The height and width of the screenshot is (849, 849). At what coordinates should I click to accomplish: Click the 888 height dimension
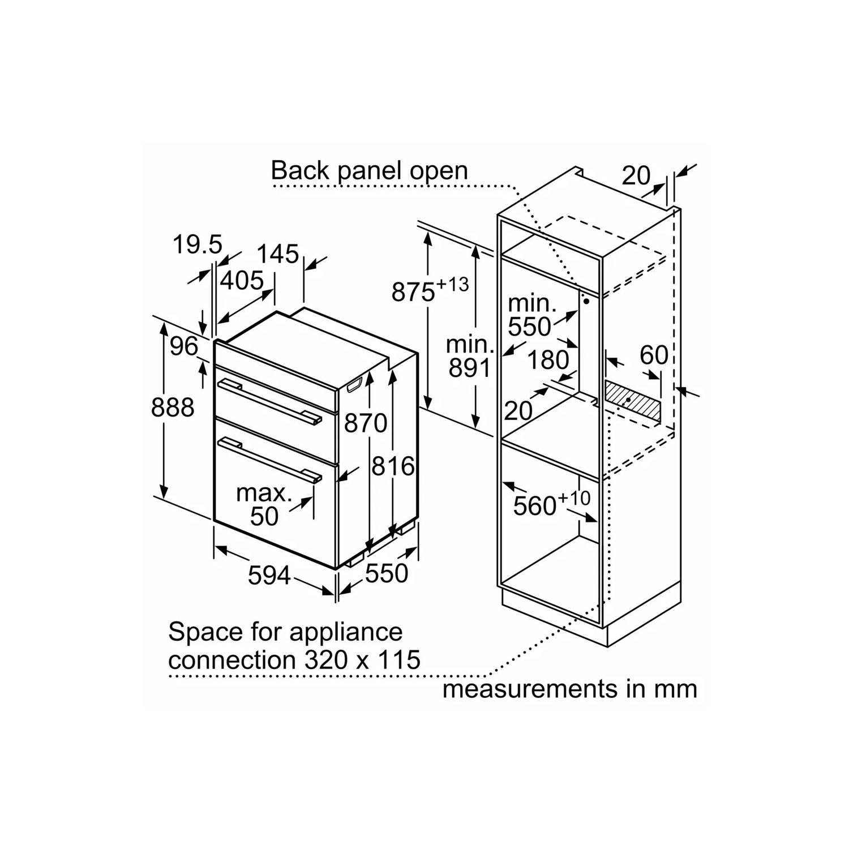pos(173,407)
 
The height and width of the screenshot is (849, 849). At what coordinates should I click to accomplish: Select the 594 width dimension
pos(269,575)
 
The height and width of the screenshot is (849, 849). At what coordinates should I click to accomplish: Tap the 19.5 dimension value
pos(198,245)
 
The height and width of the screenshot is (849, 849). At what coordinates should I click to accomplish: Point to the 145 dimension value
pos(278,254)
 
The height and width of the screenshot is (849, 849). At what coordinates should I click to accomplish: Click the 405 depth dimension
pos(242,280)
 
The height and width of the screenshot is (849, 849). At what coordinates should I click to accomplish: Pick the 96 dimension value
pos(184,346)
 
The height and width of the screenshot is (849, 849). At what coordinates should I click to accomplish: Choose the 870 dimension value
pos(366,423)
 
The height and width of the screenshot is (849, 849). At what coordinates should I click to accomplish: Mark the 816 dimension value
pos(393,466)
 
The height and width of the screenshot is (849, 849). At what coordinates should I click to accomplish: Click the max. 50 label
pos(264,504)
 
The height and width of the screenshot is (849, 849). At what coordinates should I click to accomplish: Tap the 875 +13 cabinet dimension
pos(430,290)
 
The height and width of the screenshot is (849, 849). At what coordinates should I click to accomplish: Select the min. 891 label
pos(469,356)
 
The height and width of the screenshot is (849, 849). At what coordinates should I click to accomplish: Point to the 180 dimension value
pos(548,359)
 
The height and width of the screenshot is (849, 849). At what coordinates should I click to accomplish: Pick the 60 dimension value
pos(654,355)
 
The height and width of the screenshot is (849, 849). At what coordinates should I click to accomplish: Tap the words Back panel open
pos(370,170)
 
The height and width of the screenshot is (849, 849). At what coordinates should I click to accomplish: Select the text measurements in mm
pos(570,689)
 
